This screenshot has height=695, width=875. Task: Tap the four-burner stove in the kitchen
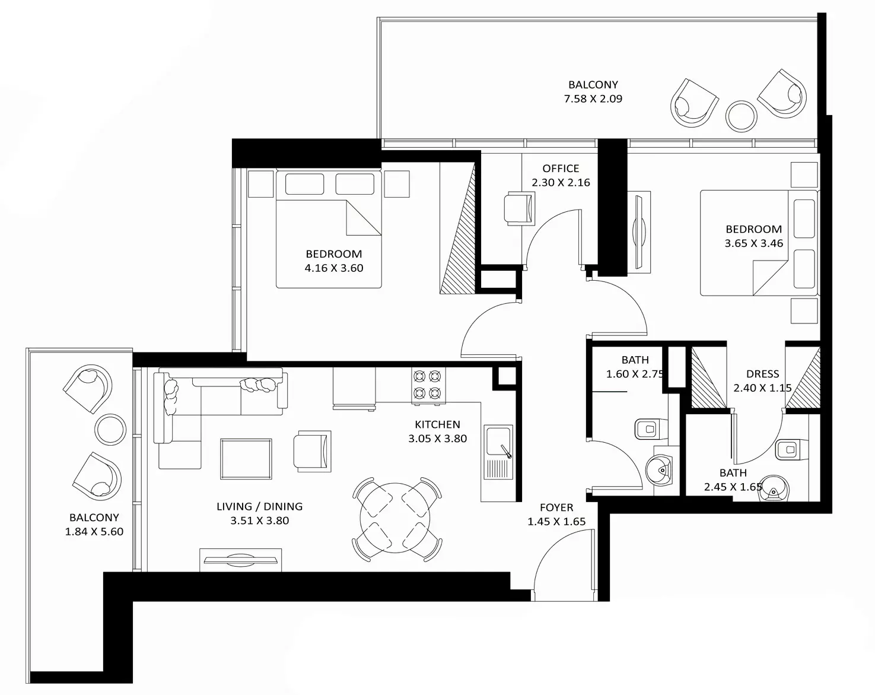428,385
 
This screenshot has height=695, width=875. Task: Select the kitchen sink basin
498,442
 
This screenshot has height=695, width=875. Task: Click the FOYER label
556,507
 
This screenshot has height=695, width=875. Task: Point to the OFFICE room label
561,169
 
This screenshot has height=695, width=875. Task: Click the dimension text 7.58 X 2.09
593,99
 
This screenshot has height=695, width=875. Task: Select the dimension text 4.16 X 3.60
334,268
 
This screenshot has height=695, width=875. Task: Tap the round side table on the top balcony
742,116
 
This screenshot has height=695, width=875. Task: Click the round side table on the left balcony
110,429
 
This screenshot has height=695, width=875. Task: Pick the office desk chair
519,208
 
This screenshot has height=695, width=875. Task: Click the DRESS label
763,374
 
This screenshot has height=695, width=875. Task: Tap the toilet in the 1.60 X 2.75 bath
651,429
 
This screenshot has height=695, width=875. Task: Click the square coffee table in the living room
246,459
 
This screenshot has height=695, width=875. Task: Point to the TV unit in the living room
240,560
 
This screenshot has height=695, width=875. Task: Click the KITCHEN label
438,424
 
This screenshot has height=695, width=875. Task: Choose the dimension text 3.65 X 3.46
754,243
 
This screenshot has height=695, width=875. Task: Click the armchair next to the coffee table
312,451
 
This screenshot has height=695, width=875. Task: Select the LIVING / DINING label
259,507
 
